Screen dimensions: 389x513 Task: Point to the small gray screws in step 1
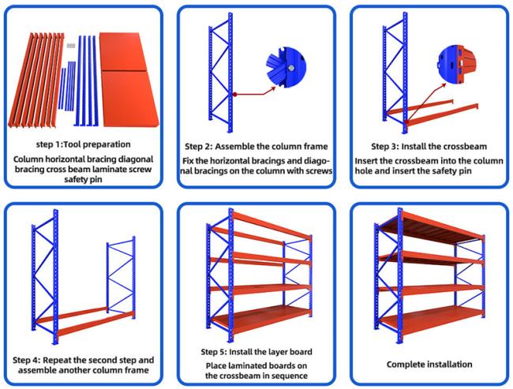click(x=69, y=42)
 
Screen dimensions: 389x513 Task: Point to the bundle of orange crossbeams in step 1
click(x=36, y=79)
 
